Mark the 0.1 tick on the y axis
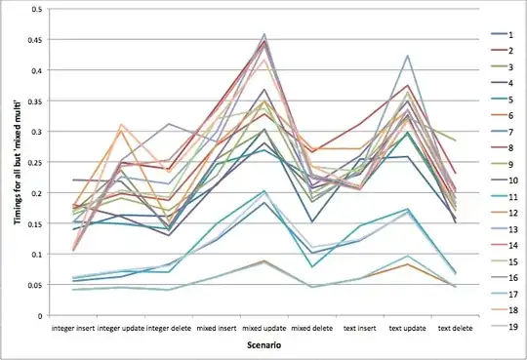coord(33,254)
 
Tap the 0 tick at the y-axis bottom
coord(37,315)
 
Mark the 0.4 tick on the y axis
coord(33,70)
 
